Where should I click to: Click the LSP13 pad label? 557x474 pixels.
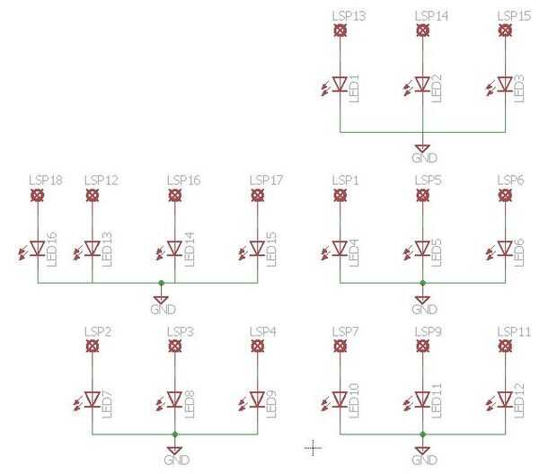(348, 16)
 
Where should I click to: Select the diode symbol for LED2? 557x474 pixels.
(422, 84)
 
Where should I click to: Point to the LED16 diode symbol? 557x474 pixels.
(38, 248)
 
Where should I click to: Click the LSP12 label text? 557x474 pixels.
(101, 180)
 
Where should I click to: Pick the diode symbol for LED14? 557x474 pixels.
(175, 248)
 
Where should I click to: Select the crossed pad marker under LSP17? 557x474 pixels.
(258, 195)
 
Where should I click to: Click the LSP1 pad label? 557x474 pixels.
(345, 180)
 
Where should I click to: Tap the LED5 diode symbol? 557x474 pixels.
(422, 248)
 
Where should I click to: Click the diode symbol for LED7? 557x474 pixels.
(93, 399)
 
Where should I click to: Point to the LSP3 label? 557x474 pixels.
(181, 332)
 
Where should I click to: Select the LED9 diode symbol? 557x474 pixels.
(258, 399)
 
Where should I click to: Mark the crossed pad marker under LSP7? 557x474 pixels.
(340, 347)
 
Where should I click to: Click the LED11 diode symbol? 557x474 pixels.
(422, 399)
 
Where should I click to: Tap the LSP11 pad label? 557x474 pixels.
(513, 332)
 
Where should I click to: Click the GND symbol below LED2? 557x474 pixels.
(422, 149)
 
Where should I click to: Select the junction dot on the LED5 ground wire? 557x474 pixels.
(422, 282)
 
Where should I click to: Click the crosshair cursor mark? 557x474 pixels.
(313, 446)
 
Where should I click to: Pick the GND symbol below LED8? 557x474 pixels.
(175, 451)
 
